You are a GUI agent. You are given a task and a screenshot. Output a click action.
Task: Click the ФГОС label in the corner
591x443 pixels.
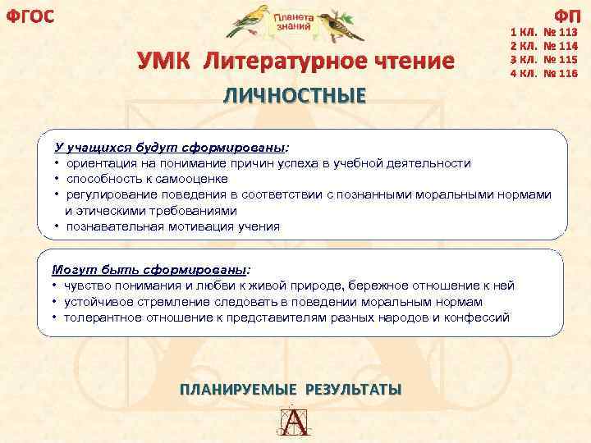click(30, 15)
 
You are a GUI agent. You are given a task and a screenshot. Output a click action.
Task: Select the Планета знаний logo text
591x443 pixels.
click(294, 21)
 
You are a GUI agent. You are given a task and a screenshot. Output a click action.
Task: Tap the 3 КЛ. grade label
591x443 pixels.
click(523, 61)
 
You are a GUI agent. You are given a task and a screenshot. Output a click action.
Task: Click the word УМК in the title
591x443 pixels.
click(167, 62)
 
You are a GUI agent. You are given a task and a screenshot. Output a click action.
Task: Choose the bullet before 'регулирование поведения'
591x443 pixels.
click(57, 194)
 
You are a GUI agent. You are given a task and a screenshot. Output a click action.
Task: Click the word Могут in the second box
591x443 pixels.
click(70, 269)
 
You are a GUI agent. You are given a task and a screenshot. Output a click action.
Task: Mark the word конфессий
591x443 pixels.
click(480, 317)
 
